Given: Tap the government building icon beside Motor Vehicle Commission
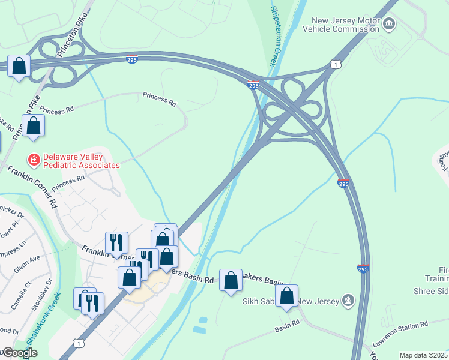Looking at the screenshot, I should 390,25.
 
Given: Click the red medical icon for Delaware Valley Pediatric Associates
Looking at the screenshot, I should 34,160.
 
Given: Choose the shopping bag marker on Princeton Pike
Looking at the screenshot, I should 34,125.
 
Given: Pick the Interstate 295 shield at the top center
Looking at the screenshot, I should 131,59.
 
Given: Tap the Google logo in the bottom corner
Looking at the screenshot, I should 19,353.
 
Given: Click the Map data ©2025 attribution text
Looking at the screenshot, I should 423,355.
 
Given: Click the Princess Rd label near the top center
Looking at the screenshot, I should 160,99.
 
